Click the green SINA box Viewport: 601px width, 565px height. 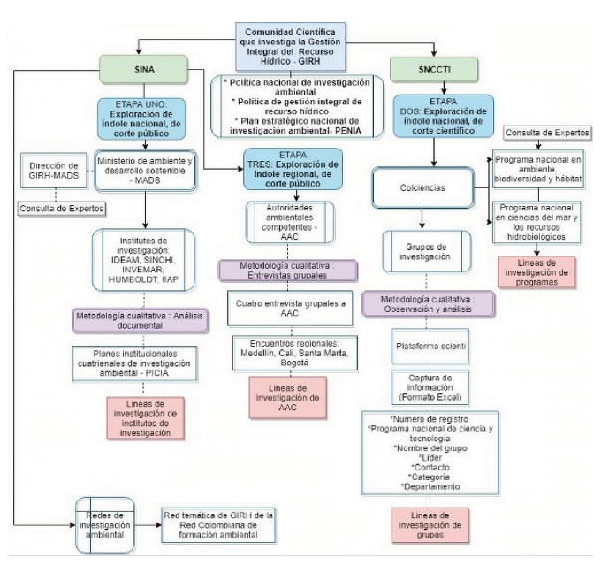click(x=142, y=68)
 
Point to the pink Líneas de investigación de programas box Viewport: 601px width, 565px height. click(x=536, y=272)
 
